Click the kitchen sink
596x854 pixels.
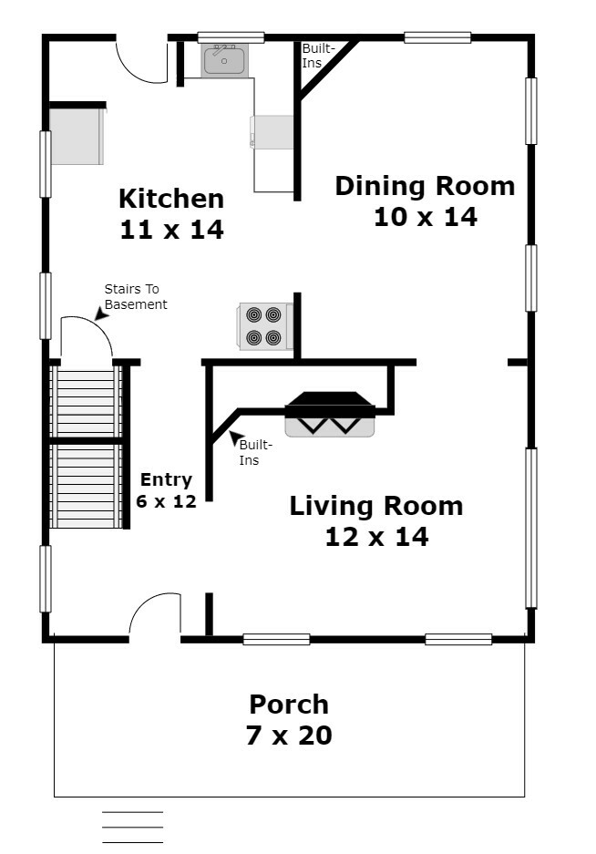(224, 60)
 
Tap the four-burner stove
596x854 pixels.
(265, 326)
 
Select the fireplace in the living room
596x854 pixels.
(330, 414)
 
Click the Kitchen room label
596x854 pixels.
(171, 199)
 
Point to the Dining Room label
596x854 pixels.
(425, 186)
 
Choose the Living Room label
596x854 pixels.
(376, 506)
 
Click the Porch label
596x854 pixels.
(289, 705)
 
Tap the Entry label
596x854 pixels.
(166, 479)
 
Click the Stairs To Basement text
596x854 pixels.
(136, 297)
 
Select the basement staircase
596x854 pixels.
(86, 447)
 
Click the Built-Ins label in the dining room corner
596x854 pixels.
(319, 56)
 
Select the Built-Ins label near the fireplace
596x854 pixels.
(255, 453)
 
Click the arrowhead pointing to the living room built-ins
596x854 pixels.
(235, 437)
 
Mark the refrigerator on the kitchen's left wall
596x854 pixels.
(77, 136)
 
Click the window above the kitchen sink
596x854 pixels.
(231, 37)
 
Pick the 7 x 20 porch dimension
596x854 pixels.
(289, 736)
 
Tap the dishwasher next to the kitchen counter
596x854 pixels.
(272, 132)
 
